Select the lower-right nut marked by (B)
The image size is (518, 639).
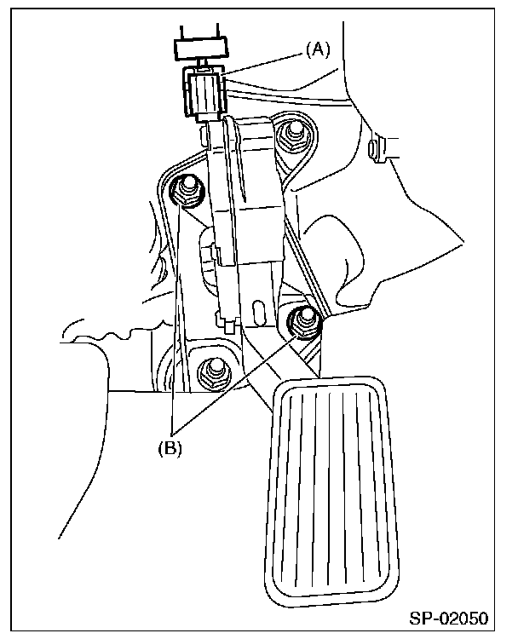coord(303,320)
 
